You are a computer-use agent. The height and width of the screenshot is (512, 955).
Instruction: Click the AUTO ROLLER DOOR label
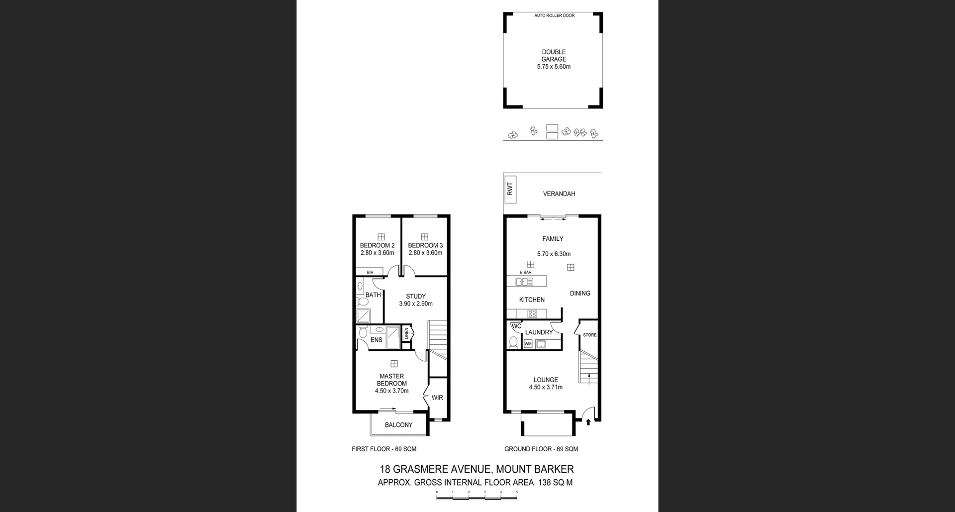pyautogui.click(x=554, y=15)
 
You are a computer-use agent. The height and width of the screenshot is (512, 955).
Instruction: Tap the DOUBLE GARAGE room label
pyautogui.click(x=554, y=55)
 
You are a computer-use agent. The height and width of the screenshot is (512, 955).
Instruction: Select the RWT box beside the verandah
pyautogui.click(x=510, y=189)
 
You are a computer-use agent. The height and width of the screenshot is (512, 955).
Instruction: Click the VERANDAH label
pyautogui.click(x=559, y=194)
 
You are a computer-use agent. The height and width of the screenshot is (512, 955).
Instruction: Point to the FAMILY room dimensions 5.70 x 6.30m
pyautogui.click(x=554, y=254)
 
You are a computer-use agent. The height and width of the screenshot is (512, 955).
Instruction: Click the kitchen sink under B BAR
pyautogui.click(x=524, y=282)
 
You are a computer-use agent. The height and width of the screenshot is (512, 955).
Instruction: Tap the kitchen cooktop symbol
pyautogui.click(x=532, y=314)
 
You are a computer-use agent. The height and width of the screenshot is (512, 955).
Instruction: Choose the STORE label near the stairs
pyautogui.click(x=589, y=335)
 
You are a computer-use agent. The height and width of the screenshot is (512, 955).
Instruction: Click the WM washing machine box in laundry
pyautogui.click(x=528, y=344)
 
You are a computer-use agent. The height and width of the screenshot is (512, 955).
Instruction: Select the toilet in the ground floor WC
pyautogui.click(x=513, y=342)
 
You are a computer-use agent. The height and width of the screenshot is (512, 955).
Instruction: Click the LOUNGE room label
pyautogui.click(x=546, y=380)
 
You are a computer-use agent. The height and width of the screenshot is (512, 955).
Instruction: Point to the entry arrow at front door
pyautogui.click(x=588, y=422)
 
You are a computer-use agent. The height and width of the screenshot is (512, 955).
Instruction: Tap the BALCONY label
pyautogui.click(x=398, y=425)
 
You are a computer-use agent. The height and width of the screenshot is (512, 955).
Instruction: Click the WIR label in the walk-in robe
pyautogui.click(x=437, y=398)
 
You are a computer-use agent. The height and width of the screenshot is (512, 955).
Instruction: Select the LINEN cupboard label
pyautogui.click(x=406, y=333)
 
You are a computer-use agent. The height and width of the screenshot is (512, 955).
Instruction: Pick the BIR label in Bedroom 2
pyautogui.click(x=370, y=272)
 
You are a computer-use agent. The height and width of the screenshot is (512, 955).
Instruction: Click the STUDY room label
pyautogui.click(x=416, y=297)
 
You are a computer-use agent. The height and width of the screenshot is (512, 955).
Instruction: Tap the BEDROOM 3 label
pyautogui.click(x=425, y=245)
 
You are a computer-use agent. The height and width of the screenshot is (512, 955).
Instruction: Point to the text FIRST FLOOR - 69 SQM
pyautogui.click(x=384, y=449)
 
